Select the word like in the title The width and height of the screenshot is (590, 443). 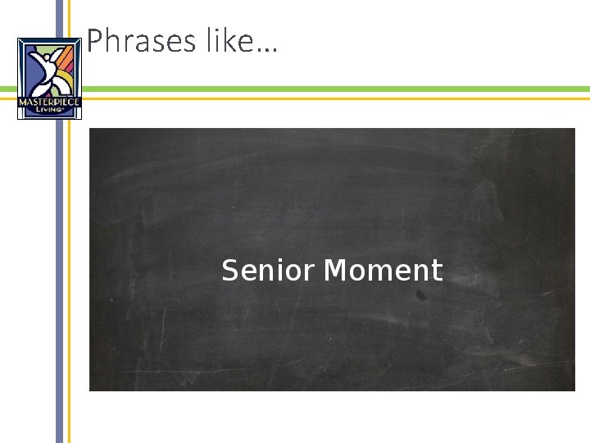pos(229,40)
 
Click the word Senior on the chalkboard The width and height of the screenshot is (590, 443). pos(270,270)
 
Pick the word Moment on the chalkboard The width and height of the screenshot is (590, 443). pos(383,270)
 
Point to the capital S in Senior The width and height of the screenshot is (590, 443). pos(229,270)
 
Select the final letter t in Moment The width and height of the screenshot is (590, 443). pos(438,271)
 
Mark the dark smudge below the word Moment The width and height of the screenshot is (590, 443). pos(420,294)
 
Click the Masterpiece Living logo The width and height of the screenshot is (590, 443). pos(50,79)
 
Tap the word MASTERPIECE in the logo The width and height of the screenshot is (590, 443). pos(50,102)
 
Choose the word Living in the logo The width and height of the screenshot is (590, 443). pos(50,110)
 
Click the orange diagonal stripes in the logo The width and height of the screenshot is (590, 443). pos(70,57)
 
